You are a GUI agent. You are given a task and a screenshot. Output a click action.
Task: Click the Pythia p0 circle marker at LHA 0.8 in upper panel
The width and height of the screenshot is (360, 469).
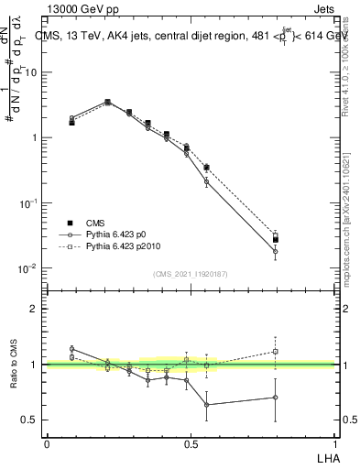[275, 251]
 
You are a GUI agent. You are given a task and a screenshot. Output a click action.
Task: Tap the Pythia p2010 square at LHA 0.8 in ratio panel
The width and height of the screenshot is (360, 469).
[275, 350]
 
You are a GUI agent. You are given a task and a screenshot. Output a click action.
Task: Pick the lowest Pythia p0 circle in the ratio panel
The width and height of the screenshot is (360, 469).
[207, 404]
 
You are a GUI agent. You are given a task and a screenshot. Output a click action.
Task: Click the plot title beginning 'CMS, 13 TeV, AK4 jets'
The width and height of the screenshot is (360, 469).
[202, 36]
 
